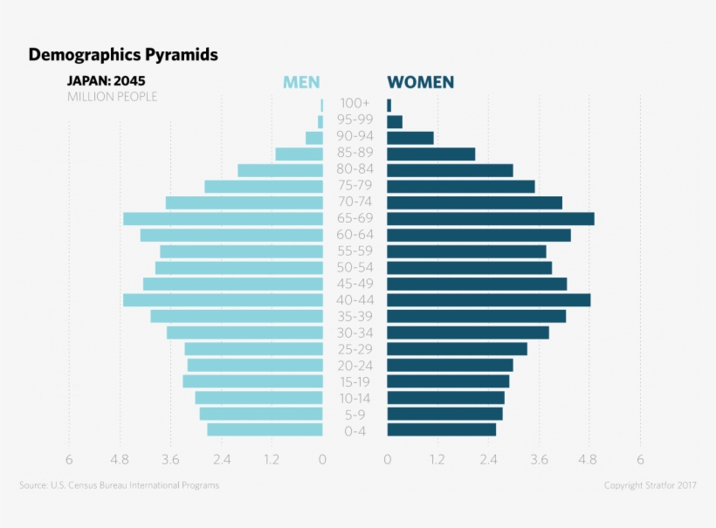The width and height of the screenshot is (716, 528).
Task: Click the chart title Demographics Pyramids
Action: tap(123, 55)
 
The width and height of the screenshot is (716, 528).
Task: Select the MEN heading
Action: tap(301, 83)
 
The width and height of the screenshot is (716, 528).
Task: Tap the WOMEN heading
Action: tap(420, 83)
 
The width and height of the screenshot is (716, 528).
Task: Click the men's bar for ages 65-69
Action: tap(223, 219)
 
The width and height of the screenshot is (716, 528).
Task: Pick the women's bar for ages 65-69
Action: tap(491, 219)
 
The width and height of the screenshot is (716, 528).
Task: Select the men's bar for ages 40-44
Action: tap(223, 300)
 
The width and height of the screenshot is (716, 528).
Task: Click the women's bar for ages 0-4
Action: tap(442, 430)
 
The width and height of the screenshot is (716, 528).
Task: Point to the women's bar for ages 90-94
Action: tap(410, 138)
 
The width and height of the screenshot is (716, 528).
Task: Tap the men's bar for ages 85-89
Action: tap(299, 154)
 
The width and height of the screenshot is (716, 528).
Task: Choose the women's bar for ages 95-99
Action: tap(396, 122)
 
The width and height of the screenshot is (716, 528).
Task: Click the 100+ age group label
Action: tap(355, 104)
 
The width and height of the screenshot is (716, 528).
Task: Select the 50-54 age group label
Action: tap(355, 267)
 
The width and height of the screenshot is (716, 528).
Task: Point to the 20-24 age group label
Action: tap(355, 366)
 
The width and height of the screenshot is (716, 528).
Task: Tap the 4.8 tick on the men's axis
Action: tap(120, 460)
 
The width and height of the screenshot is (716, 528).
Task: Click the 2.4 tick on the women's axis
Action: tap(488, 460)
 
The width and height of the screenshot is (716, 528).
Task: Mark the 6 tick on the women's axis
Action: tap(640, 460)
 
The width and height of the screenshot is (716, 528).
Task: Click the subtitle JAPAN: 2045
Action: tap(107, 81)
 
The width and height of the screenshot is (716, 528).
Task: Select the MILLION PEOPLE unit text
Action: tap(113, 97)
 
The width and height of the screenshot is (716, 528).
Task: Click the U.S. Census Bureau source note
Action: tap(119, 485)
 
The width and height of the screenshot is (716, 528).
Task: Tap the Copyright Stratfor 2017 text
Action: tap(650, 485)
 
